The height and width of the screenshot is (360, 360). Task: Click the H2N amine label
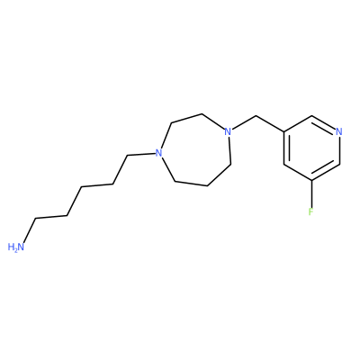15,247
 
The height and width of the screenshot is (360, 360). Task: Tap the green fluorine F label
310,211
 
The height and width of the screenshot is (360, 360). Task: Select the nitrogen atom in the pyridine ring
339,131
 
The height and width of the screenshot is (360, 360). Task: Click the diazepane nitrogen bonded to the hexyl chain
158,153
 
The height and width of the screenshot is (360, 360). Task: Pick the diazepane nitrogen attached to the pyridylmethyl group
228,131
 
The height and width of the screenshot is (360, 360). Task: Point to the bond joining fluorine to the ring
311,193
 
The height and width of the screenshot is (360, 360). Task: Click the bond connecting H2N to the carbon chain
30,230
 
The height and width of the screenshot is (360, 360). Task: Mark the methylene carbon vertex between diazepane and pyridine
256,116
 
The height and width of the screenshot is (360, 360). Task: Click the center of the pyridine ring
311,148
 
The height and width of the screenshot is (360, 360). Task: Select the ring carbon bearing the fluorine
311,181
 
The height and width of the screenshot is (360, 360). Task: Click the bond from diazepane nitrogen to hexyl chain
141,154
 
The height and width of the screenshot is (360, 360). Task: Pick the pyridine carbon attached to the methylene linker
283,131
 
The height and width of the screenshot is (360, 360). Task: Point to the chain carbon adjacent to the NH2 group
36,219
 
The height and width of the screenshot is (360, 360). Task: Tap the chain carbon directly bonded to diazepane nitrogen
127,156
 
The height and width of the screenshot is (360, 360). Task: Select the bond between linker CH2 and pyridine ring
269,123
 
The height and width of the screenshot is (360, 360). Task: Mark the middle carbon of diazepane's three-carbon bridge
207,186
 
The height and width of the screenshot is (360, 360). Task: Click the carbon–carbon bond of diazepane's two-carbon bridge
186,118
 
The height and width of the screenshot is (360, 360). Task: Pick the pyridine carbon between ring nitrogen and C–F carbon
339,164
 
